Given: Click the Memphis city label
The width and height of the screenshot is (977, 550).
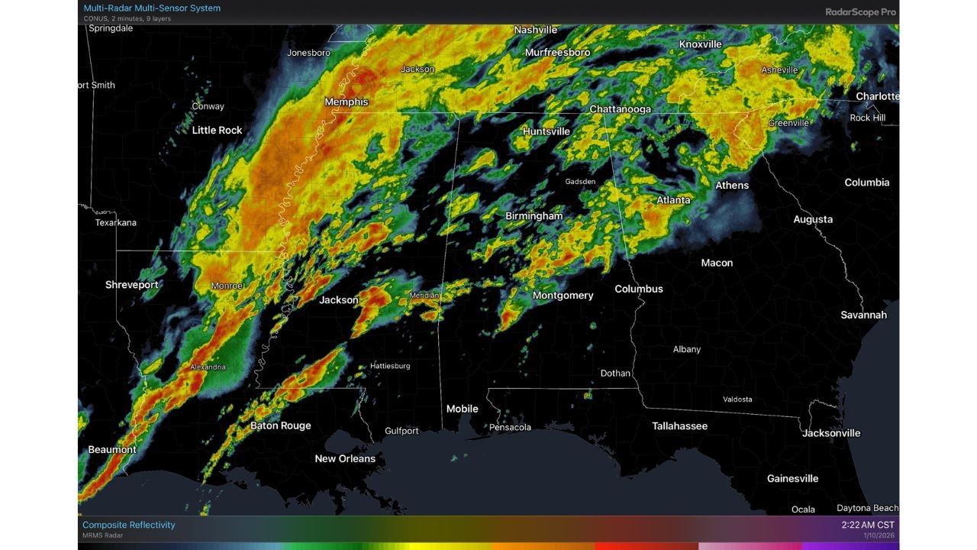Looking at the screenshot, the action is click(347, 102).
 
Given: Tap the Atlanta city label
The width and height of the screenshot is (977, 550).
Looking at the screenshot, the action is click(673, 200).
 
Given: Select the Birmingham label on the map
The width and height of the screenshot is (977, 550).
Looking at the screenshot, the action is click(534, 216).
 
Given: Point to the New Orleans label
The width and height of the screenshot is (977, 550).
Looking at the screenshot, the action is click(345, 458).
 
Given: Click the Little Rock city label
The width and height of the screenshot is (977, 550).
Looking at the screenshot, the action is click(217, 131).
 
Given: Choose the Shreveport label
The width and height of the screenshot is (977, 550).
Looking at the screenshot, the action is click(132, 285).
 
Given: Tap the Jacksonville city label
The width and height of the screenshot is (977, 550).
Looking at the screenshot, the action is click(831, 433).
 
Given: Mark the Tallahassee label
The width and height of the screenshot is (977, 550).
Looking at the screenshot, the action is click(679, 426).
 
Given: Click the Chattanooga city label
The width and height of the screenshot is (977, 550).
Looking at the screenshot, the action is click(620, 109).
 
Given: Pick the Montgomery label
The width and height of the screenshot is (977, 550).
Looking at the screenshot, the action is click(563, 296).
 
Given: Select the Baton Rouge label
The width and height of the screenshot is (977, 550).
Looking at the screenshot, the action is click(280, 425).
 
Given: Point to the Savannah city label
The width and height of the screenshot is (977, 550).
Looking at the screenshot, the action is click(863, 315).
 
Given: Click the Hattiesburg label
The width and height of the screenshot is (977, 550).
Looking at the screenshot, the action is click(390, 366).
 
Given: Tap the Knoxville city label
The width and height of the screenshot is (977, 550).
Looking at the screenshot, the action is click(700, 44).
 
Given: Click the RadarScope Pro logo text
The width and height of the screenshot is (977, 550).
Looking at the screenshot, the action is click(860, 12).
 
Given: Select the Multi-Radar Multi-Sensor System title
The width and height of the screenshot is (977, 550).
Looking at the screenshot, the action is click(152, 8).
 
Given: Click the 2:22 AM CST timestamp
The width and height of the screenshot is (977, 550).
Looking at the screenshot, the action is click(867, 525).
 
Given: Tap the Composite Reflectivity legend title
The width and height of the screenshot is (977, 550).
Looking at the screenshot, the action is click(128, 525).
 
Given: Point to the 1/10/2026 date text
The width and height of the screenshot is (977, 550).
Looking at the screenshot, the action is click(879, 535).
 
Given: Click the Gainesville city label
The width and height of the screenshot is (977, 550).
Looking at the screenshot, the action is click(792, 479).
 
